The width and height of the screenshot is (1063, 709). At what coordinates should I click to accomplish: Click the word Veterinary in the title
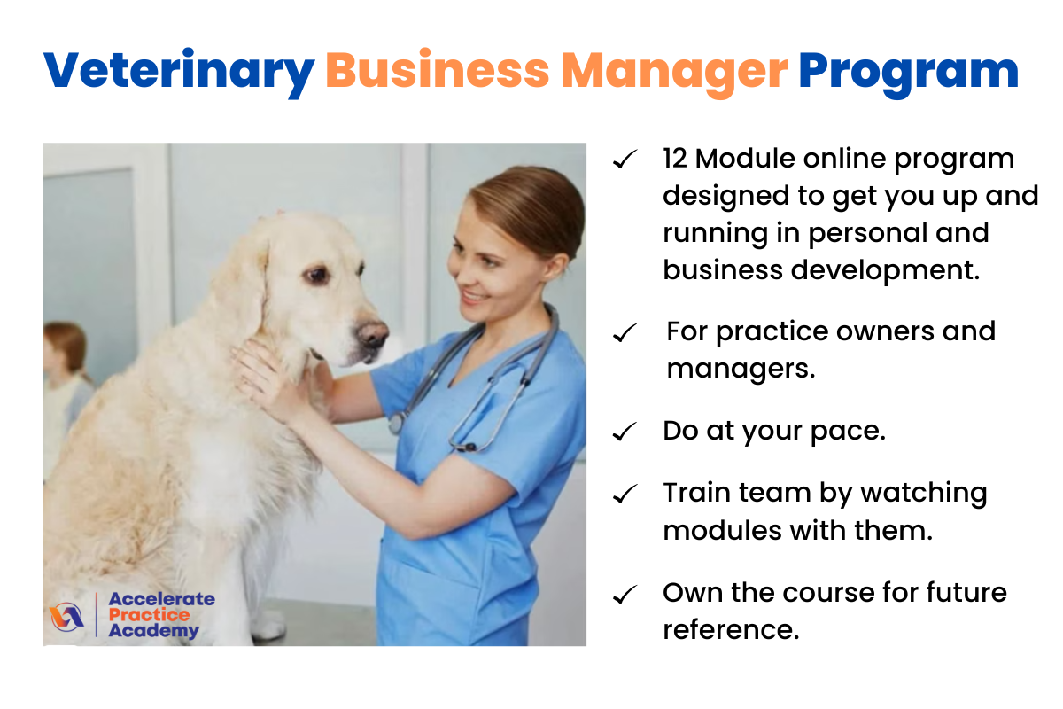(x=179, y=72)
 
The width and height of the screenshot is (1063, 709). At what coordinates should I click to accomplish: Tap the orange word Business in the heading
(x=437, y=70)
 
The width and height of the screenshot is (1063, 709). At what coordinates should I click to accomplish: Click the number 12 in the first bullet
(x=675, y=158)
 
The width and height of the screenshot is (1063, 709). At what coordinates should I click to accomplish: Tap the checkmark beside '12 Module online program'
(x=625, y=160)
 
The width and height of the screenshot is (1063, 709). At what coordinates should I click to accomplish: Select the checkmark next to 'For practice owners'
(x=625, y=333)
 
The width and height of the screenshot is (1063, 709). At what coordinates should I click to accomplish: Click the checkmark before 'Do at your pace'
(x=625, y=432)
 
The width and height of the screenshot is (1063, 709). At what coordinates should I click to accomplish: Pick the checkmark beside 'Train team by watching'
(x=625, y=494)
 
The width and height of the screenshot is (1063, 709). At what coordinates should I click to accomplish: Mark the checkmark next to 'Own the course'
(x=625, y=595)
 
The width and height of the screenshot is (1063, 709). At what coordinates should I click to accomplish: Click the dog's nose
(x=373, y=333)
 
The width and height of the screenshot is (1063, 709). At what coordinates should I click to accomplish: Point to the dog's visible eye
(x=315, y=275)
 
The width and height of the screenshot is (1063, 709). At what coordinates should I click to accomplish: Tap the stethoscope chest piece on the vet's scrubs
(x=396, y=423)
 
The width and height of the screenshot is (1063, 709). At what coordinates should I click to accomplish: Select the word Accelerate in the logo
(x=162, y=599)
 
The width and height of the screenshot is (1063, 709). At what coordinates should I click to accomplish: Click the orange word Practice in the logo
(x=149, y=615)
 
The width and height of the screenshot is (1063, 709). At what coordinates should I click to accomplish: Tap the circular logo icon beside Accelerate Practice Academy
(x=66, y=617)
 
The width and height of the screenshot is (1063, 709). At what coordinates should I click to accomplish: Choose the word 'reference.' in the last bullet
(x=731, y=630)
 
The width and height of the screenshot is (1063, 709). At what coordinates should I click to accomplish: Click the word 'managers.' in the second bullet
(x=741, y=369)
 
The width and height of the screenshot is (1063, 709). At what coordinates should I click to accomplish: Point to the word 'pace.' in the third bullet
(x=848, y=432)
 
